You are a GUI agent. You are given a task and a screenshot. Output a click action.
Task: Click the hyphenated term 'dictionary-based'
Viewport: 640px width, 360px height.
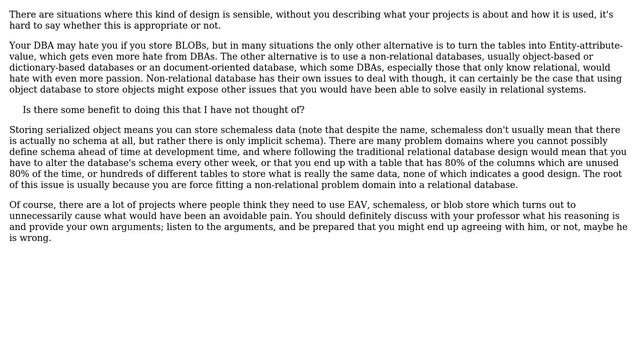[x=42, y=68]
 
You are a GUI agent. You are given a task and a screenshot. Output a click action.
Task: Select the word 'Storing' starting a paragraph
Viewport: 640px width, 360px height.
[x=28, y=130]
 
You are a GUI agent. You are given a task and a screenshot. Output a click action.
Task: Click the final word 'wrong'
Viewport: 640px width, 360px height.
[x=36, y=238]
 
